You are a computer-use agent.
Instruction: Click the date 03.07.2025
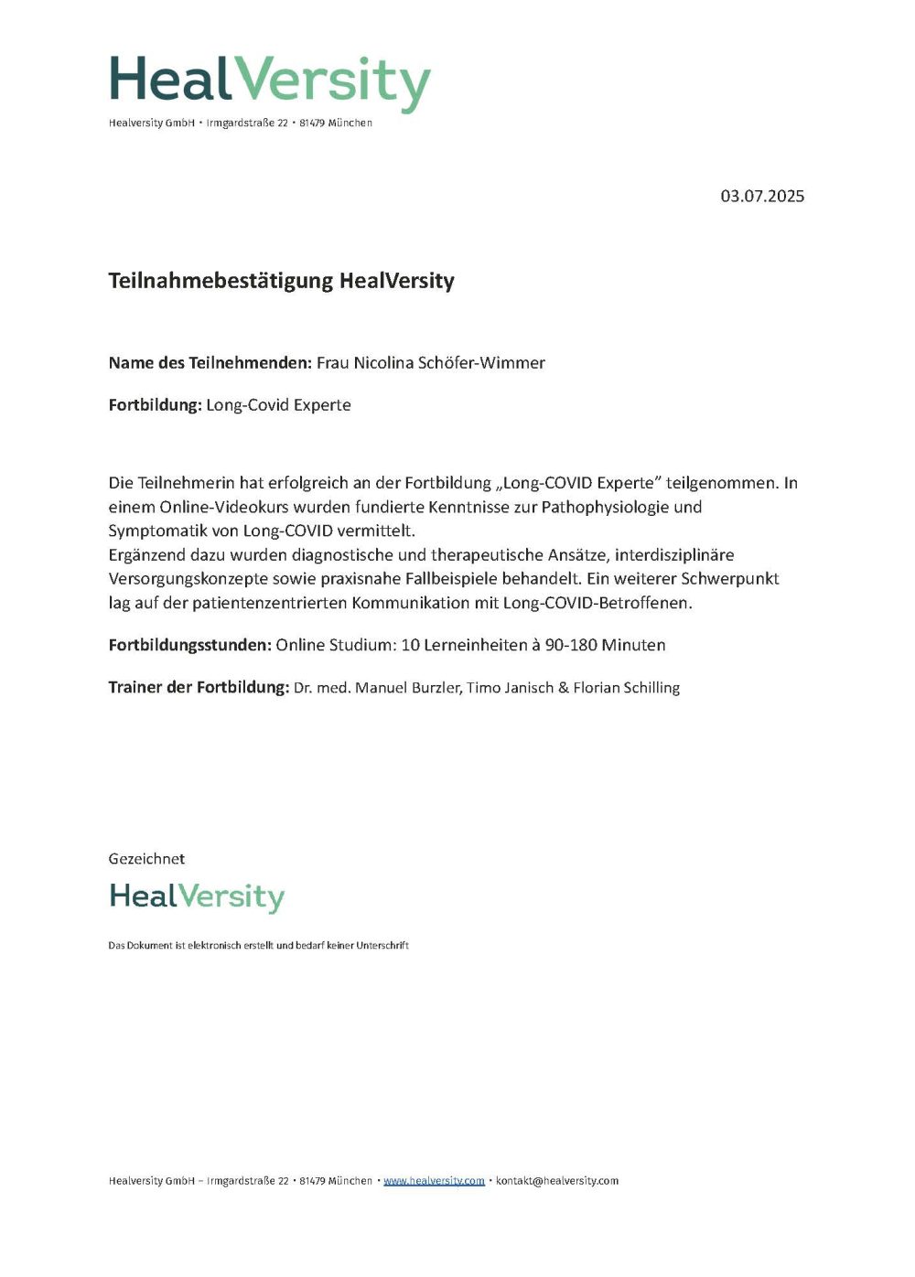pyautogui.click(x=762, y=196)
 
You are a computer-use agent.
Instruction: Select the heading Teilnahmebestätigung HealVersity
pyautogui.click(x=281, y=281)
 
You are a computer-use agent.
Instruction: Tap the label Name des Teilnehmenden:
pyautogui.click(x=210, y=363)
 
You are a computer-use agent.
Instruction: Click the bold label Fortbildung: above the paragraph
pyautogui.click(x=155, y=405)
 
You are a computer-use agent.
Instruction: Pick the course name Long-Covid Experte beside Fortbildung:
pyautogui.click(x=278, y=405)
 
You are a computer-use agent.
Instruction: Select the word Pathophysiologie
pyautogui.click(x=621, y=507)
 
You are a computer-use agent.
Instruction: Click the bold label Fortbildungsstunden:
pyautogui.click(x=189, y=645)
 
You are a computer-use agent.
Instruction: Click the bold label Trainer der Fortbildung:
pyautogui.click(x=199, y=687)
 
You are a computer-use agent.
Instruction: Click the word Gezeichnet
pyautogui.click(x=146, y=859)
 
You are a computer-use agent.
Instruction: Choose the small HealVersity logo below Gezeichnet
pyautogui.click(x=197, y=896)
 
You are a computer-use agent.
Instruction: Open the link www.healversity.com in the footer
pyautogui.click(x=434, y=1181)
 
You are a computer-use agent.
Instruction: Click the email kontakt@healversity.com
pyautogui.click(x=556, y=1181)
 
